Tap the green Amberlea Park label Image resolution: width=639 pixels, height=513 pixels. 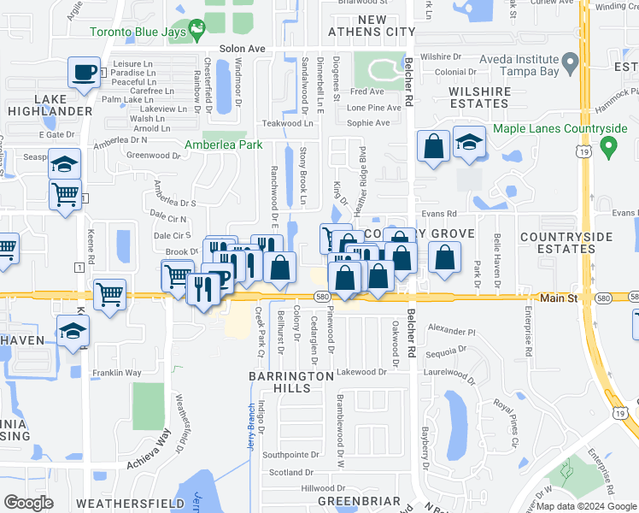point(224,145)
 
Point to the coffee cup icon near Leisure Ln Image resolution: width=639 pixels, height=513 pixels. point(84,73)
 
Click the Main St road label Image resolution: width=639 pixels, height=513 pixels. point(560,298)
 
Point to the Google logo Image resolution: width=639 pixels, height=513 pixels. point(28,502)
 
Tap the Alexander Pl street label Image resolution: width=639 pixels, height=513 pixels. point(450,329)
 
